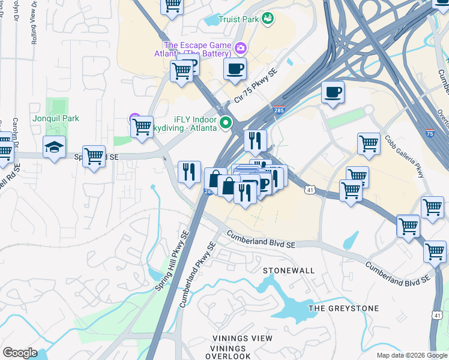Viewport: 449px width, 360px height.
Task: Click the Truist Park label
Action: (238, 19)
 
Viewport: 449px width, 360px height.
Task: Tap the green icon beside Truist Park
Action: (267, 19)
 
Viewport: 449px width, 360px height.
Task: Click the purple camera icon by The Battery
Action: (241, 47)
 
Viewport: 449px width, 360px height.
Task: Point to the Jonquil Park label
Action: (56, 119)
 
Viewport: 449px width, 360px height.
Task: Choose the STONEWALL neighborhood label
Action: (289, 271)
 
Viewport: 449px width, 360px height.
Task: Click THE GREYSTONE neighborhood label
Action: (343, 308)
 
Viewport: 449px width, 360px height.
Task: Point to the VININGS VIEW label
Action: (237, 338)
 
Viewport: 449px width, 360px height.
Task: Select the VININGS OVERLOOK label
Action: (229, 352)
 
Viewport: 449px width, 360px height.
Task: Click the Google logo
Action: (20, 353)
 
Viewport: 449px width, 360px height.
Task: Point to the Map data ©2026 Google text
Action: (411, 355)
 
